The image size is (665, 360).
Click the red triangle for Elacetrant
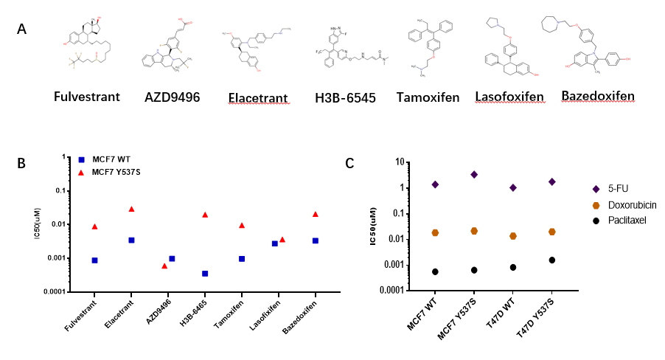point(131,209)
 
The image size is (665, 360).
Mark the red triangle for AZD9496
point(164,266)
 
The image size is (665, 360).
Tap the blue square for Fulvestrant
point(94,260)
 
